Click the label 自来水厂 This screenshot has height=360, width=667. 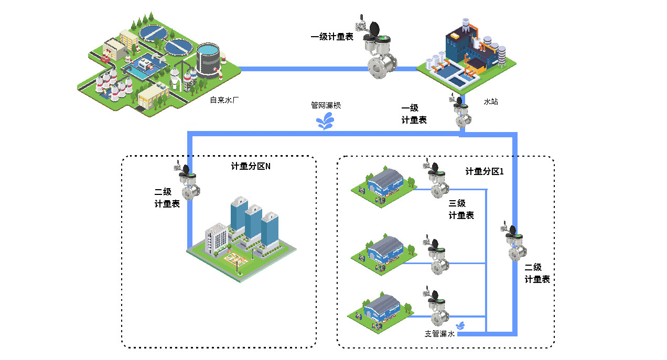coord(224,99)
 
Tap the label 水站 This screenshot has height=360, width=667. coord(490,101)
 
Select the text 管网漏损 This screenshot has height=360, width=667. coord(326,105)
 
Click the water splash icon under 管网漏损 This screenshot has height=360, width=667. coord(326,123)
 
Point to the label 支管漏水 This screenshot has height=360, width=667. coord(439,334)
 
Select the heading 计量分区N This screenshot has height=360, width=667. coord(251,167)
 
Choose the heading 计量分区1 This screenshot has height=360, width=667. coord(484,171)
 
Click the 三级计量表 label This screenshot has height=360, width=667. coord(461,209)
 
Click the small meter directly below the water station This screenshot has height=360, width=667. coord(460,112)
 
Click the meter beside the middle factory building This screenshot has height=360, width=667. coord(436,257)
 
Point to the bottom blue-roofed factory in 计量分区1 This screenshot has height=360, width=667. coord(381,311)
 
